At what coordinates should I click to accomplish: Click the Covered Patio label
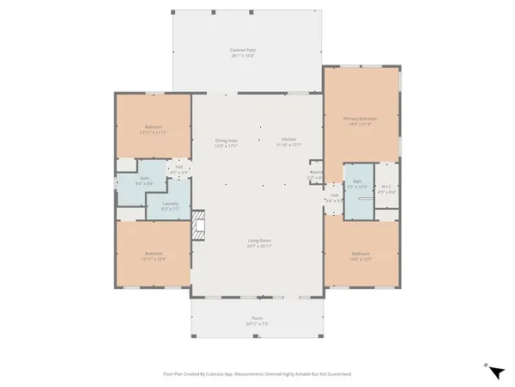tap(245, 51)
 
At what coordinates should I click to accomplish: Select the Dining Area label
tap(226, 140)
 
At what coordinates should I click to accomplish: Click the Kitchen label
tap(288, 140)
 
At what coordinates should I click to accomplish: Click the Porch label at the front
tap(257, 319)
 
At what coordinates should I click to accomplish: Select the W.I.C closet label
tap(387, 188)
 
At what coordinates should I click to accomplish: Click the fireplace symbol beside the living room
tap(199, 224)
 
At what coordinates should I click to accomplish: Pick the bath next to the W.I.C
tap(359, 184)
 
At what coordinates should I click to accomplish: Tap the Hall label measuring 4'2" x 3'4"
tap(180, 169)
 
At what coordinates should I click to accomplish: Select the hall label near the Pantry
tap(333, 197)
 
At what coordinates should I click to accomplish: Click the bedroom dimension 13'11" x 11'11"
tap(154, 133)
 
